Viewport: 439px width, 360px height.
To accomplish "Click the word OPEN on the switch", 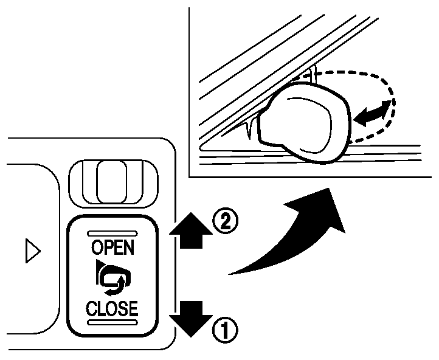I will click(x=112, y=248).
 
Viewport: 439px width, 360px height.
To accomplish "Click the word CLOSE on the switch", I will click(x=112, y=308).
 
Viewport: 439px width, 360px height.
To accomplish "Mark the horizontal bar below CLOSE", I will click(x=112, y=322).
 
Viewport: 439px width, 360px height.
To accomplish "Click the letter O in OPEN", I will click(x=96, y=248).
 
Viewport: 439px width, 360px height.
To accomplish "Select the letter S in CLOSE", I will click(x=120, y=308).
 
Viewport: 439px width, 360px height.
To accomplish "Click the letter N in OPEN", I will click(x=130, y=248).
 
